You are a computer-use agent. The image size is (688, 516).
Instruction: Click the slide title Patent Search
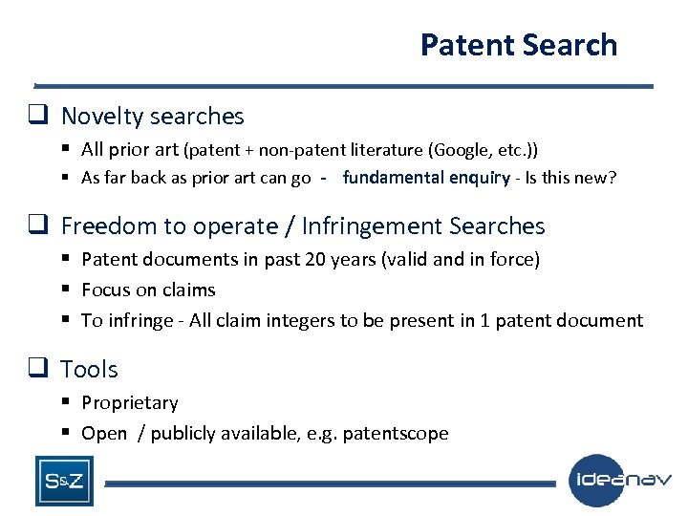pyautogui.click(x=519, y=45)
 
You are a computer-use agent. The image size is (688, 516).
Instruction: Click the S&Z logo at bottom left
pyautogui.click(x=63, y=481)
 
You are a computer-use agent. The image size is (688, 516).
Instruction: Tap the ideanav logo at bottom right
pyautogui.click(x=620, y=480)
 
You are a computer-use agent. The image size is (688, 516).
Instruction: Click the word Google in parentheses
pyautogui.click(x=461, y=149)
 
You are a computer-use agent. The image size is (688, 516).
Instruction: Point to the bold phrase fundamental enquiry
pyautogui.click(x=426, y=178)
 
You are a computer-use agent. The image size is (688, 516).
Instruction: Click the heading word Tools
pyautogui.click(x=90, y=369)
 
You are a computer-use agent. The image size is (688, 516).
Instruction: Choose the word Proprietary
pyautogui.click(x=130, y=403)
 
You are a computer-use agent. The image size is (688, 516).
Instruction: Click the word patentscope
pyautogui.click(x=398, y=433)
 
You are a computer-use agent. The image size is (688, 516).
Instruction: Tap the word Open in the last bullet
pyautogui.click(x=104, y=433)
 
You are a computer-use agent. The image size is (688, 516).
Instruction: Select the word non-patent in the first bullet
pyautogui.click(x=312, y=149)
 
